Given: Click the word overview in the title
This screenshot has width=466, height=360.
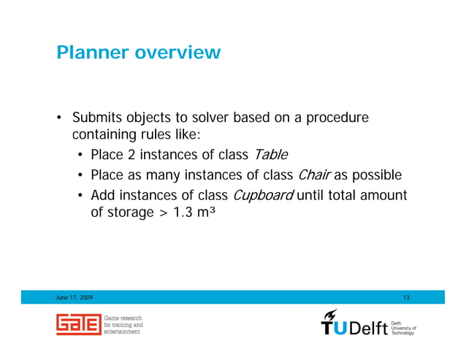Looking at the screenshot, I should click(180, 53).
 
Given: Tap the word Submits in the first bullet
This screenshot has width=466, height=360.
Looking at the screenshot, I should click(96, 118).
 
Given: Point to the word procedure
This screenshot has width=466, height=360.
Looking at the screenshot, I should click(338, 118).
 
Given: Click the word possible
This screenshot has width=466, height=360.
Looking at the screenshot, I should click(376, 175).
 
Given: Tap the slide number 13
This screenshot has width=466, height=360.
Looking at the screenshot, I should click(407, 297).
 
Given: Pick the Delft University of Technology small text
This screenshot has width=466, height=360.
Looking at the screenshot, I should click(404, 327).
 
